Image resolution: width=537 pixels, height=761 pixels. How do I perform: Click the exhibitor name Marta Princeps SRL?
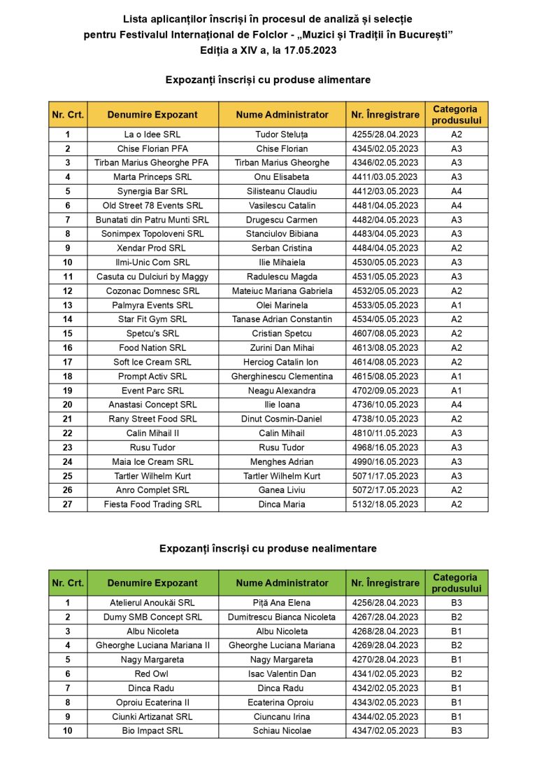coord(152,177)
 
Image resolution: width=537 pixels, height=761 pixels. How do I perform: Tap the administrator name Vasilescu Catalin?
coord(282,206)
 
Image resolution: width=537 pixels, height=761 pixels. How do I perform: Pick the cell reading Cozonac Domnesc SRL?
coord(152,291)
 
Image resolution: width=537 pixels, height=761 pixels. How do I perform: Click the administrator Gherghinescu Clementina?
coord(282,377)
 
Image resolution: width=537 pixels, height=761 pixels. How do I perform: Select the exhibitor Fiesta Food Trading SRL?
coord(152,504)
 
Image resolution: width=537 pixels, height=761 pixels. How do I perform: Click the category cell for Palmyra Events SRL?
coord(456,305)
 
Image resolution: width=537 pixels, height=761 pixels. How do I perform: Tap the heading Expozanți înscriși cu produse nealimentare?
coord(268,548)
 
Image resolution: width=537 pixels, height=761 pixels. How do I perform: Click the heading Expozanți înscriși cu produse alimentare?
coord(268,80)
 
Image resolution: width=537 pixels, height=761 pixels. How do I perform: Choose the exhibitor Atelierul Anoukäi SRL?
coord(152,603)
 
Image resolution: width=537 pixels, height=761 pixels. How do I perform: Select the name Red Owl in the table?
coord(152,674)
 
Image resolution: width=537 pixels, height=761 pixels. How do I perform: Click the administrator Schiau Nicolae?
coord(282,731)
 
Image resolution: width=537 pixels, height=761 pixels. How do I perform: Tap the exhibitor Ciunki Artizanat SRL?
coord(152,717)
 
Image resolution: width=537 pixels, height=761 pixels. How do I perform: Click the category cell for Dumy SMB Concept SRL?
coord(456,617)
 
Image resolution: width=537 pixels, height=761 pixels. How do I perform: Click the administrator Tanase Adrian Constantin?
coord(282,319)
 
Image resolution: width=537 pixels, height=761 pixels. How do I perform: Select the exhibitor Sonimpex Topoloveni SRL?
coord(152,234)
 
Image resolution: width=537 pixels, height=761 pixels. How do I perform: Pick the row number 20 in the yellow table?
coord(68,405)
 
